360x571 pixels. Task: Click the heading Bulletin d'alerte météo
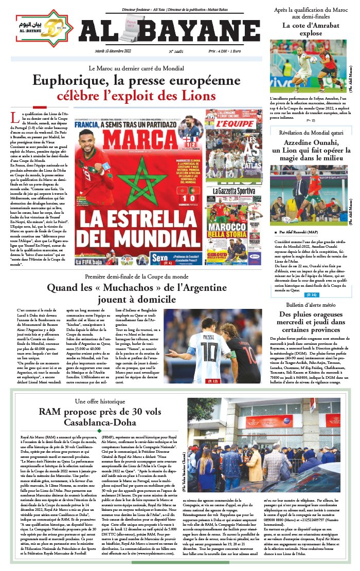[x=308, y=305]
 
